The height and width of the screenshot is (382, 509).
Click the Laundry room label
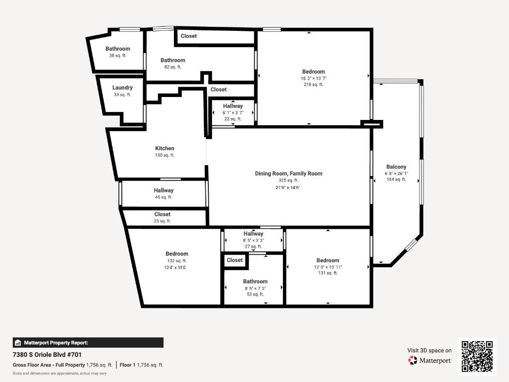[x=122, y=88]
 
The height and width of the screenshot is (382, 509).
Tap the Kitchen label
[x=165, y=148]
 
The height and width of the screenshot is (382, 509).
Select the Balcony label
[x=396, y=167]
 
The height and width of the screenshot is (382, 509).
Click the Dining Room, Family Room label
[x=288, y=174]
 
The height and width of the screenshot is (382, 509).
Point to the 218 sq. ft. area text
[x=313, y=85]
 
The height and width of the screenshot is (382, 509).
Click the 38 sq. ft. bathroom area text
[x=118, y=55]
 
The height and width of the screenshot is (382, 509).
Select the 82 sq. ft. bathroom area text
[x=172, y=67]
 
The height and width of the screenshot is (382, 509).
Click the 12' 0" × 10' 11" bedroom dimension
[x=328, y=267]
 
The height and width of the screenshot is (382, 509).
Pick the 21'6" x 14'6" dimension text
[x=288, y=188]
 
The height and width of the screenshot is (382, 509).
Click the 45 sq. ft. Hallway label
[x=164, y=191]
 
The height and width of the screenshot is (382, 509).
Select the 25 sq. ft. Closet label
[x=162, y=214]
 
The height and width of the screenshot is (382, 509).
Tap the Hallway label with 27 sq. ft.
[x=253, y=234]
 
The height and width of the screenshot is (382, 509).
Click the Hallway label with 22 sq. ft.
[x=233, y=106]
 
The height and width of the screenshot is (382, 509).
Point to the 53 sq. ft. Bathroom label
[x=255, y=282]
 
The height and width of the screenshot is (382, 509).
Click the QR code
[x=477, y=356]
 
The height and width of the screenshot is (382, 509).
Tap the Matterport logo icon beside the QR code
[x=413, y=360]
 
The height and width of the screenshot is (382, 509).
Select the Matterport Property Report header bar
[x=87, y=342]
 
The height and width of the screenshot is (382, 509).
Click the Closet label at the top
[x=188, y=36]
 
